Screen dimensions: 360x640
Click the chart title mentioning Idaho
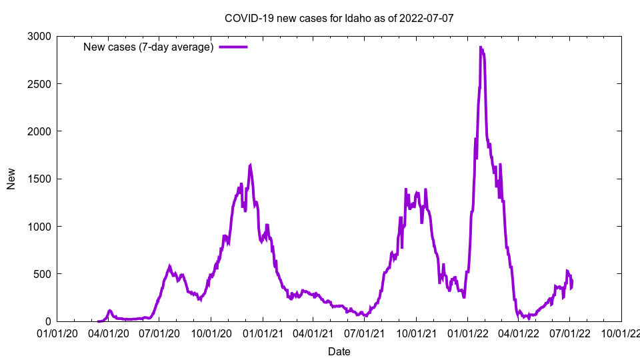339,18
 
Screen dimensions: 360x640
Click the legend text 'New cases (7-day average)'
148,47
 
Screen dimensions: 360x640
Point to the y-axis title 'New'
11,179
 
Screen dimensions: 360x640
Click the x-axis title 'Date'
339,351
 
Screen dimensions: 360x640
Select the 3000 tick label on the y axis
39,36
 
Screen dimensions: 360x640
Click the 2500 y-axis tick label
39,84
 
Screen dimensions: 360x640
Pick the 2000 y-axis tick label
39,131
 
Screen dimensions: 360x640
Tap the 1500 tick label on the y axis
39,179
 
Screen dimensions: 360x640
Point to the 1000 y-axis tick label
39,227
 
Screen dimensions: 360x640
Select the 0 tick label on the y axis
49,321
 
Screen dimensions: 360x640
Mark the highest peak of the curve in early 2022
481,47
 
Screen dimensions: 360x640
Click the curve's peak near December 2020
250,165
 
